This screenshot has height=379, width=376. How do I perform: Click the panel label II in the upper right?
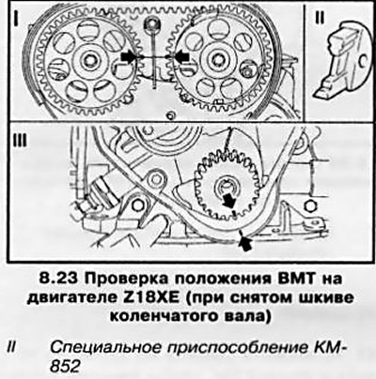coord(320,18)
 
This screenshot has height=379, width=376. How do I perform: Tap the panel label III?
coord(21,142)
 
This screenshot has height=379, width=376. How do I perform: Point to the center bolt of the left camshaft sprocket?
coord(90,59)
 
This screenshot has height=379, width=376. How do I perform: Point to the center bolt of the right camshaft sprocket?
coord(216,59)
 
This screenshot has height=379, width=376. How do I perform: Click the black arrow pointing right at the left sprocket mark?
coord(129,57)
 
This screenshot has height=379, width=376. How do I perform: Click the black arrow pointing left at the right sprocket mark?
coord(181,56)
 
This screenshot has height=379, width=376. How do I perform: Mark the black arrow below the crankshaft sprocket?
coord(244,241)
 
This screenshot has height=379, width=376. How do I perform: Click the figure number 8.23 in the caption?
coord(59,279)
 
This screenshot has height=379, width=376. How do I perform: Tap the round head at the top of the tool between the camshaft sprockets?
coord(152,24)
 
